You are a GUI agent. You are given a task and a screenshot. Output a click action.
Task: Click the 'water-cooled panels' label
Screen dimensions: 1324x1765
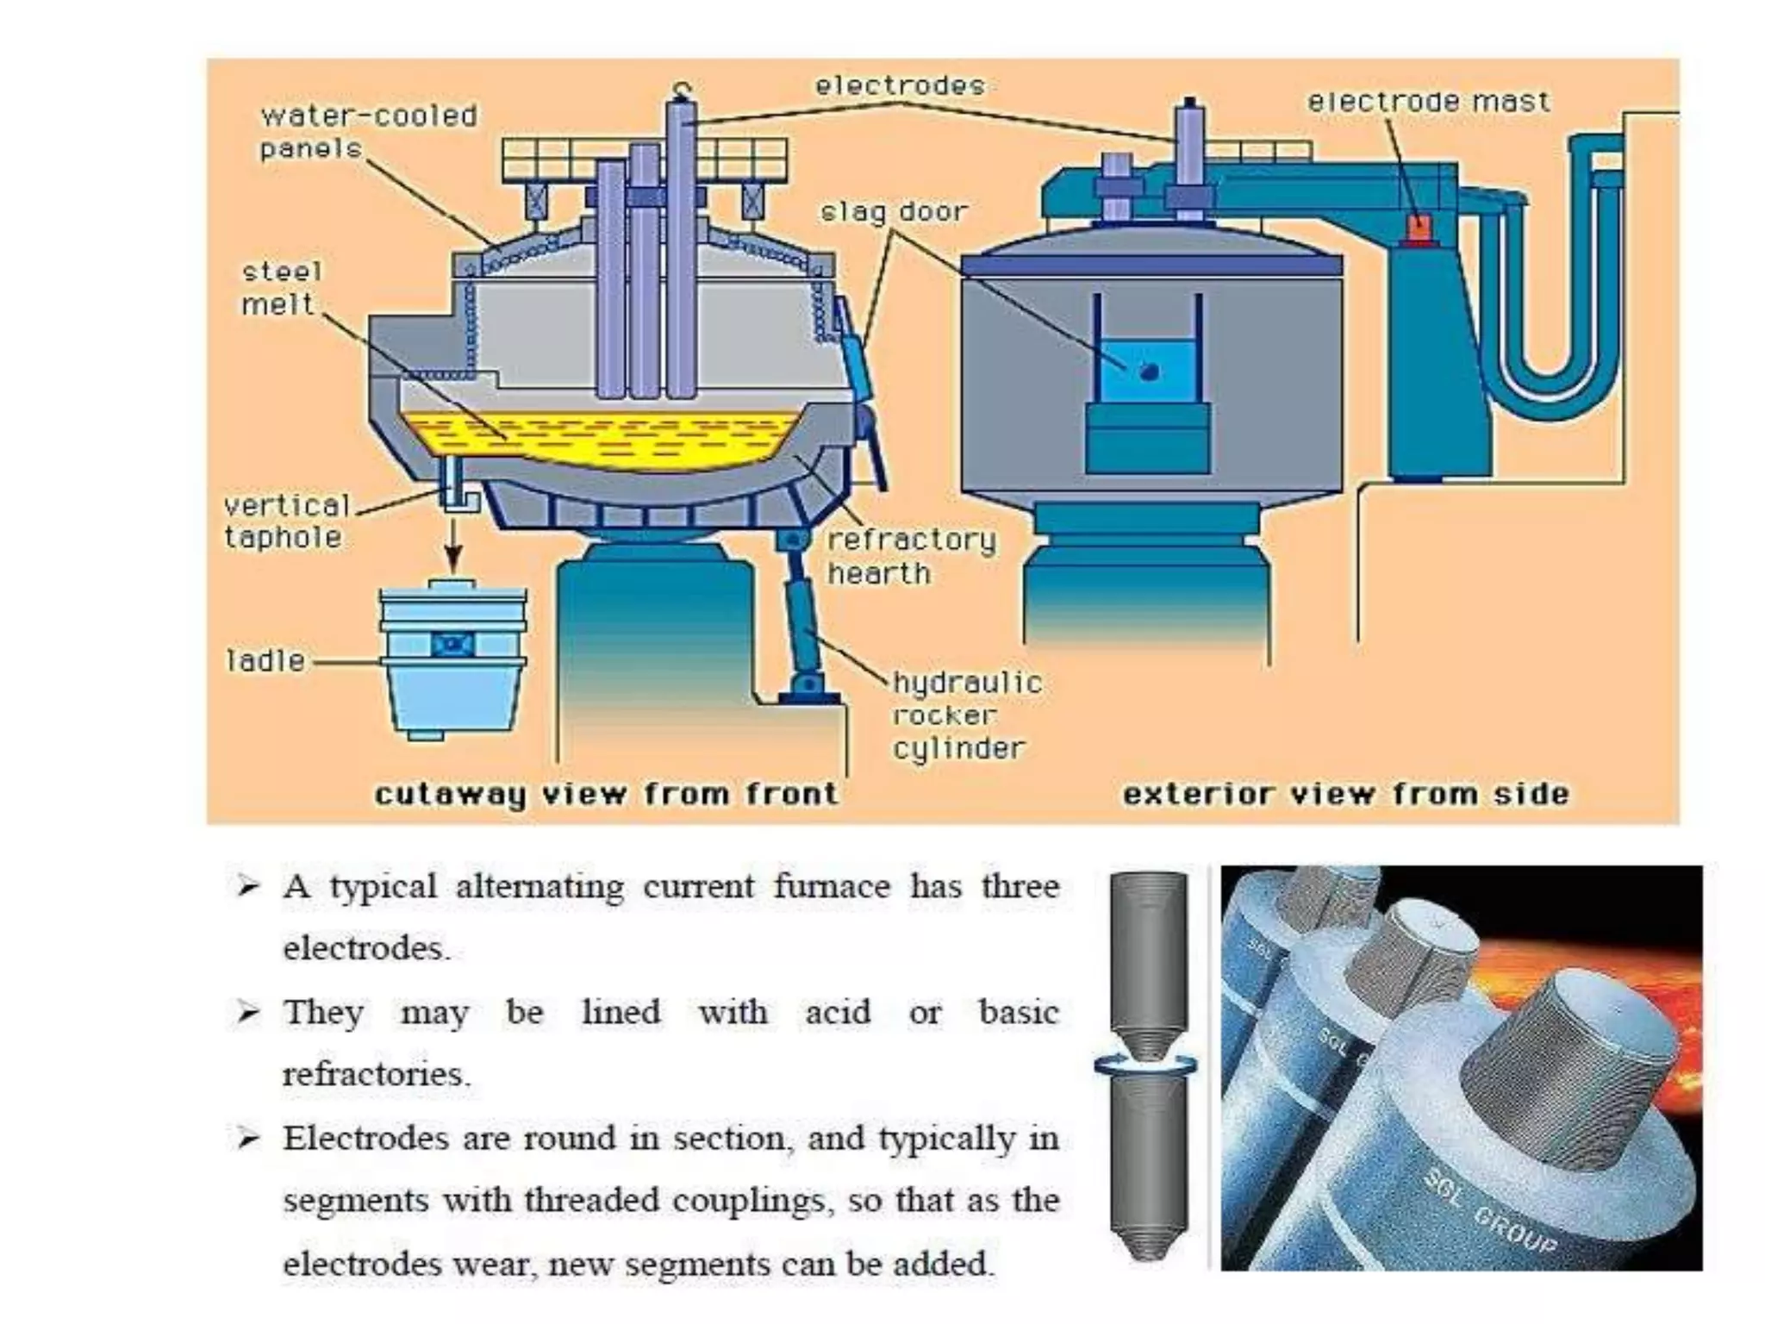pos(368,132)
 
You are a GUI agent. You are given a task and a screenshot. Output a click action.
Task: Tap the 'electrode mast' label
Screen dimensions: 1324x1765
pos(1428,102)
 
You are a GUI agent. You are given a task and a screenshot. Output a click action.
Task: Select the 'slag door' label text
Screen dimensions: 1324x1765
pos(894,211)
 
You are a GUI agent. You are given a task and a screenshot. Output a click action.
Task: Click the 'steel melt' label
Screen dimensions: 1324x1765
pos(280,288)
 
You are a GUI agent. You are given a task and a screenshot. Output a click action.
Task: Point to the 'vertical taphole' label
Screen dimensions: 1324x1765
pos(285,521)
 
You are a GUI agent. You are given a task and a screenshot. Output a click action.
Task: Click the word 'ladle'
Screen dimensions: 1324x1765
pos(265,661)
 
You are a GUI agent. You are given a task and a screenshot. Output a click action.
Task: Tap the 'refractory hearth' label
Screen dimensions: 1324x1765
pos(911,556)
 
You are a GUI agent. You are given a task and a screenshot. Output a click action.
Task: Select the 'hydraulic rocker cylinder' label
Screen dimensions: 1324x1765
pos(966,715)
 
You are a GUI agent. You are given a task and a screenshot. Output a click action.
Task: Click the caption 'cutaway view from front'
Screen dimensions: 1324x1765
pos(606,794)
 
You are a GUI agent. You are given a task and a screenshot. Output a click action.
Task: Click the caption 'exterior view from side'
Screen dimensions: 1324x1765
pos(1345,794)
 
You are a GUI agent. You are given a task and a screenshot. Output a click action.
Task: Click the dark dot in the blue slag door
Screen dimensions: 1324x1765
pos(1149,372)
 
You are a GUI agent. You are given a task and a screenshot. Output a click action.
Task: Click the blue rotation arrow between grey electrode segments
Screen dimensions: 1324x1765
pos(1145,1065)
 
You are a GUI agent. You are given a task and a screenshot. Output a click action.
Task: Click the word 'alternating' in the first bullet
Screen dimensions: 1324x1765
pos(539,887)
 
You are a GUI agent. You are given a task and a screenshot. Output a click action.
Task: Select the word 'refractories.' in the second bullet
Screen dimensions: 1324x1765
pos(377,1075)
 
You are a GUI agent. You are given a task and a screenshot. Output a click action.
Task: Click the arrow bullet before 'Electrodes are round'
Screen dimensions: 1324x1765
pos(248,1139)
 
